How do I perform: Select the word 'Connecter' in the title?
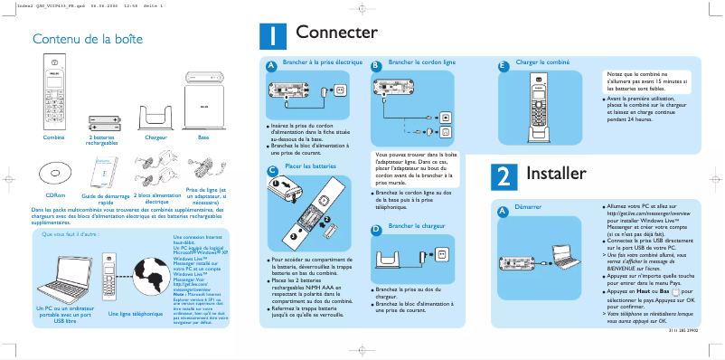point(336,33)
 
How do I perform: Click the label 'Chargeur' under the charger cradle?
point(156,137)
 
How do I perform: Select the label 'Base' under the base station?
point(203,137)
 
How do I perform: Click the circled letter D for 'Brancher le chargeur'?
point(376,229)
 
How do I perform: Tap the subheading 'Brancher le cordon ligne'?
point(421,62)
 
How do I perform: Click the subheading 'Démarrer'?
point(528,207)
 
